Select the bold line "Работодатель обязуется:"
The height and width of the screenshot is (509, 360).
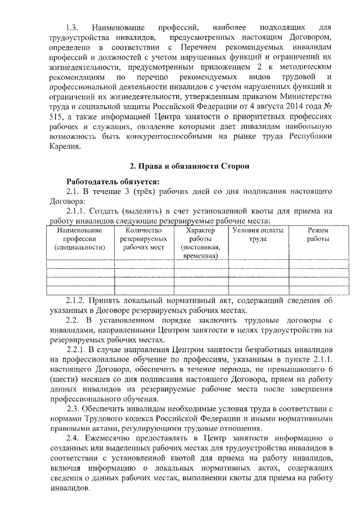pyautogui.click(x=113, y=181)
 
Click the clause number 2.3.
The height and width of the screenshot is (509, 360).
pyautogui.click(x=75, y=409)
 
